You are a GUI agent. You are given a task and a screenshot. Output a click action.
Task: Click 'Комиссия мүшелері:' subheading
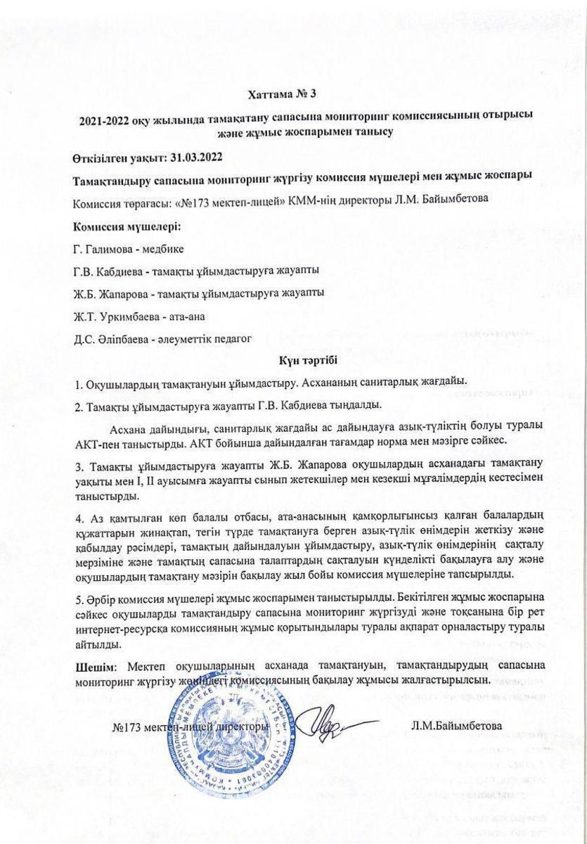point(127,226)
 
